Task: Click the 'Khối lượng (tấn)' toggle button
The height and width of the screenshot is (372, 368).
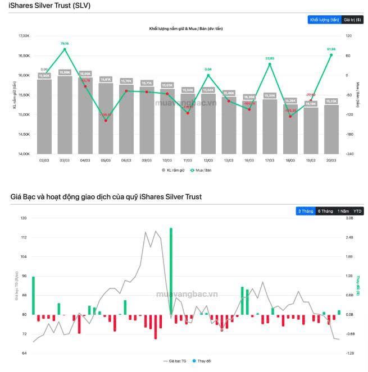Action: tap(324, 20)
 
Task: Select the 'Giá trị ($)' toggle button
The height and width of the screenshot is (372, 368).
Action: tap(353, 20)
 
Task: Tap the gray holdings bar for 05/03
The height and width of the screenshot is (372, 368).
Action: tap(106, 118)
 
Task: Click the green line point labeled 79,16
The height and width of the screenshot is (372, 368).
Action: tap(65, 49)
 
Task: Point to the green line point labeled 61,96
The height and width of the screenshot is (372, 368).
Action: tap(331, 55)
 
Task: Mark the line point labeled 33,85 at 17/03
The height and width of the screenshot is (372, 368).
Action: tap(270, 64)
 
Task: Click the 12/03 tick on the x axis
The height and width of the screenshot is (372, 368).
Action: tap(208, 160)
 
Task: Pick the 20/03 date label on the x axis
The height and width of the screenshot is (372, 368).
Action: tap(331, 160)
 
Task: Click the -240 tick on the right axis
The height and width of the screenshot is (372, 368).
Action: tap(349, 154)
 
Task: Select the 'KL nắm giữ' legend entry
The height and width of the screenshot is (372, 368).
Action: tap(173, 169)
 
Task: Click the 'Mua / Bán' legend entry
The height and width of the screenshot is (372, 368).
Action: tap(199, 169)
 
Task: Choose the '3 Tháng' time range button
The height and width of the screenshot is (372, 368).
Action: tap(306, 211)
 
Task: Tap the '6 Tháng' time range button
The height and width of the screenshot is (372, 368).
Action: tap(325, 211)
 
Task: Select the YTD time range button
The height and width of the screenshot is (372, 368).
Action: tap(358, 211)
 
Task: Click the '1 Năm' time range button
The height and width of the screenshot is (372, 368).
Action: tap(343, 211)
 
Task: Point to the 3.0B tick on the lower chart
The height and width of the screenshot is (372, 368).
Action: tap(349, 218)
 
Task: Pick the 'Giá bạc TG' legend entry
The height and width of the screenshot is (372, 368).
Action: tap(176, 362)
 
